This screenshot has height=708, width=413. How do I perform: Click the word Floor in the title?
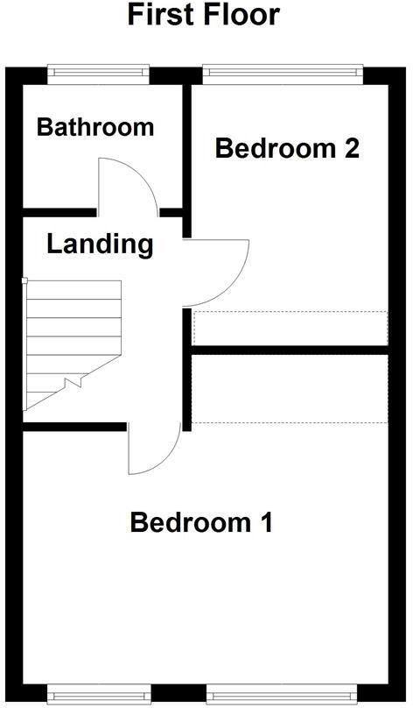point(241,15)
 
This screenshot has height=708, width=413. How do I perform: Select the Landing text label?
point(99,244)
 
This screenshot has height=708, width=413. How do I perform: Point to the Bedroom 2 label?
point(287,148)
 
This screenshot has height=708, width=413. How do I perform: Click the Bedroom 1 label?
point(201,523)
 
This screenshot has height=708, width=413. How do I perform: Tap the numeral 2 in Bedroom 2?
point(352,148)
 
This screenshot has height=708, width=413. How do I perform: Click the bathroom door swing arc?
point(127,186)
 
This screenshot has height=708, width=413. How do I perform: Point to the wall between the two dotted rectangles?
point(290,350)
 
